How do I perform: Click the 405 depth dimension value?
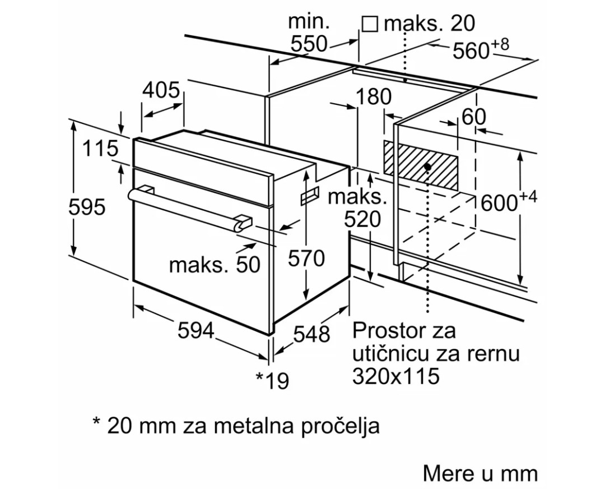(x=160, y=90)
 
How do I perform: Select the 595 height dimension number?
(x=87, y=207)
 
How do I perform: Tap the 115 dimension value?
(x=101, y=149)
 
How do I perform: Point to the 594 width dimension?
(x=196, y=331)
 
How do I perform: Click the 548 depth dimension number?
(x=312, y=334)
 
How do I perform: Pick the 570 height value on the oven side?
(x=306, y=259)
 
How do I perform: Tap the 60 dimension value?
(x=474, y=117)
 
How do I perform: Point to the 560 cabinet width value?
(x=471, y=51)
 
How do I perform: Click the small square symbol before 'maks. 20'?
(x=369, y=24)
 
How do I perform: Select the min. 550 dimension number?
(x=308, y=43)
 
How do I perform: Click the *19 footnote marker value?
(x=273, y=380)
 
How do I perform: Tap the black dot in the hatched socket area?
(x=427, y=167)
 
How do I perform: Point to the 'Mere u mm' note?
(x=480, y=473)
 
